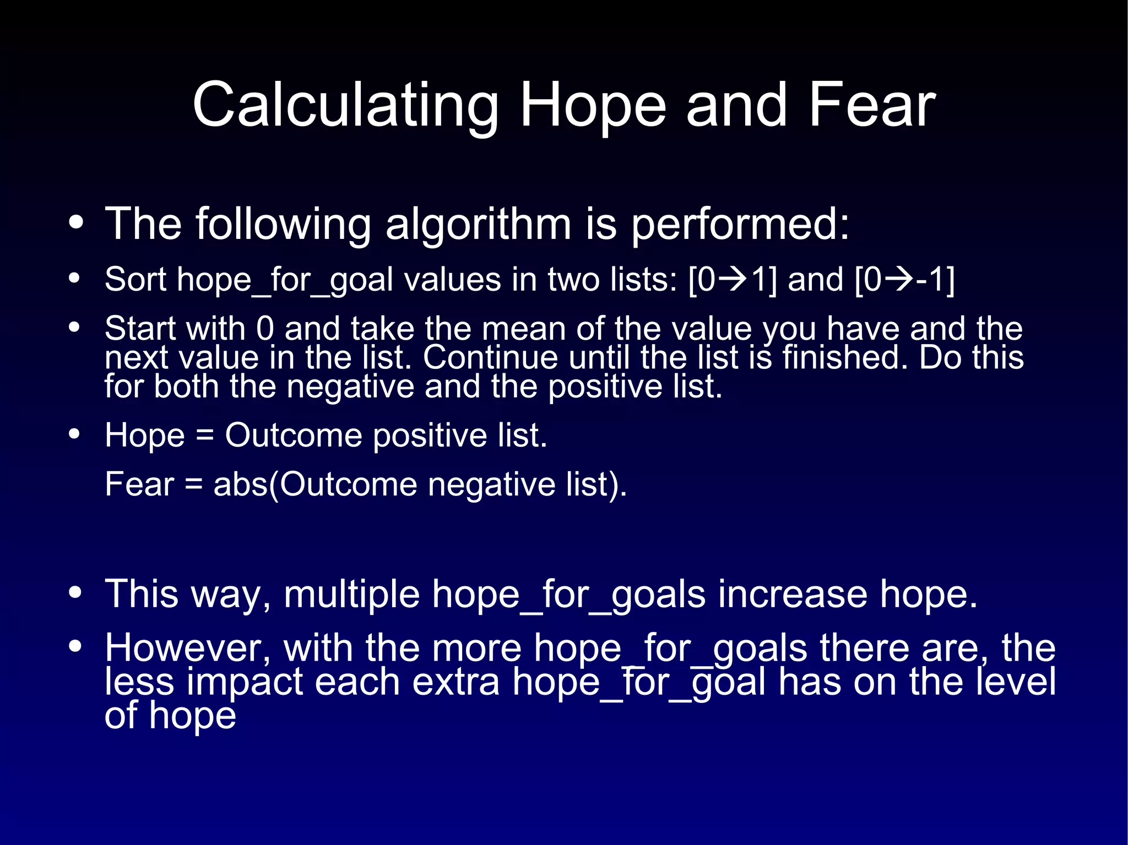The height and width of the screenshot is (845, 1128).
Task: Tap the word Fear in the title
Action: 871,105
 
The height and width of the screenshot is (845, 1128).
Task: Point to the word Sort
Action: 135,280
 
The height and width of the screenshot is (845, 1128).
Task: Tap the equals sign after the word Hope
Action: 204,435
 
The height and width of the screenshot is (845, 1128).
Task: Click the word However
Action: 188,648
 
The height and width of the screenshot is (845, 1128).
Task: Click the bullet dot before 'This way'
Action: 75,593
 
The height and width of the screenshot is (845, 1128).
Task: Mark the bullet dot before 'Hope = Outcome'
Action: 75,434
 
